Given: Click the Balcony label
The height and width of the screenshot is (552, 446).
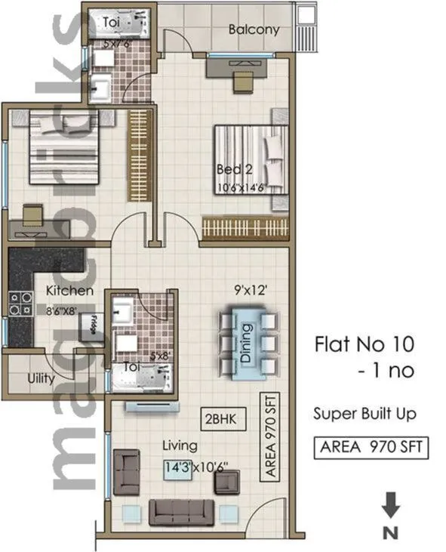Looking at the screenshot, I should pos(254,30).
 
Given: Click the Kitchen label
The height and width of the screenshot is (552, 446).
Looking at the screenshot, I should pos(69,291).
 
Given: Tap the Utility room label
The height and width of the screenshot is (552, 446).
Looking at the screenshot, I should pos(41,378).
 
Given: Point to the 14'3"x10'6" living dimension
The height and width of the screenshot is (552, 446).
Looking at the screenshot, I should pos(194,467).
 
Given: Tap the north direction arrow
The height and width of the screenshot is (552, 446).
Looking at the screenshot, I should pos(391,505).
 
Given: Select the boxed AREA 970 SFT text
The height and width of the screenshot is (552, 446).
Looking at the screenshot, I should pos(371,446).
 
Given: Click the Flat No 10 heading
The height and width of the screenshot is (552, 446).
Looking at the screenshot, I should pos(364,346).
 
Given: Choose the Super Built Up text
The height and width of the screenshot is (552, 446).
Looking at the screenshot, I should pos(364,414).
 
